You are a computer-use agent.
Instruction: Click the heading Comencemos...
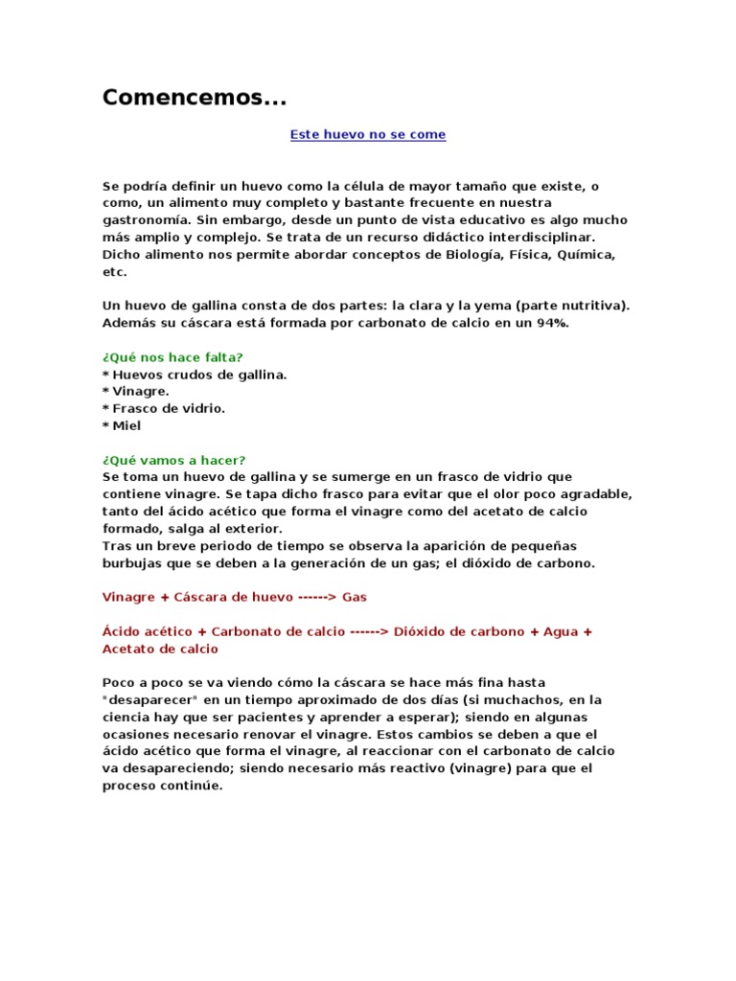194,98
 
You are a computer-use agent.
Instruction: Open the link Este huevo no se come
368,135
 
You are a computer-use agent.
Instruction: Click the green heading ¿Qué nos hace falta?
172,357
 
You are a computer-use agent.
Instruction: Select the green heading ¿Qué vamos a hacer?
173,460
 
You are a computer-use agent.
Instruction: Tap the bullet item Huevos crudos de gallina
198,375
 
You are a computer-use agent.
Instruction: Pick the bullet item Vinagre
141,392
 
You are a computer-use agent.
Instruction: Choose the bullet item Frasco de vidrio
169,409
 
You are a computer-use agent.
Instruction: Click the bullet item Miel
127,426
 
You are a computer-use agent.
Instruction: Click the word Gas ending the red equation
355,597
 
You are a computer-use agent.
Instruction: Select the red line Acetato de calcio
160,649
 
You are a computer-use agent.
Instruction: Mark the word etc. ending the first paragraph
114,272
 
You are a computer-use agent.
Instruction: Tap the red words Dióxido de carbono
459,632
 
